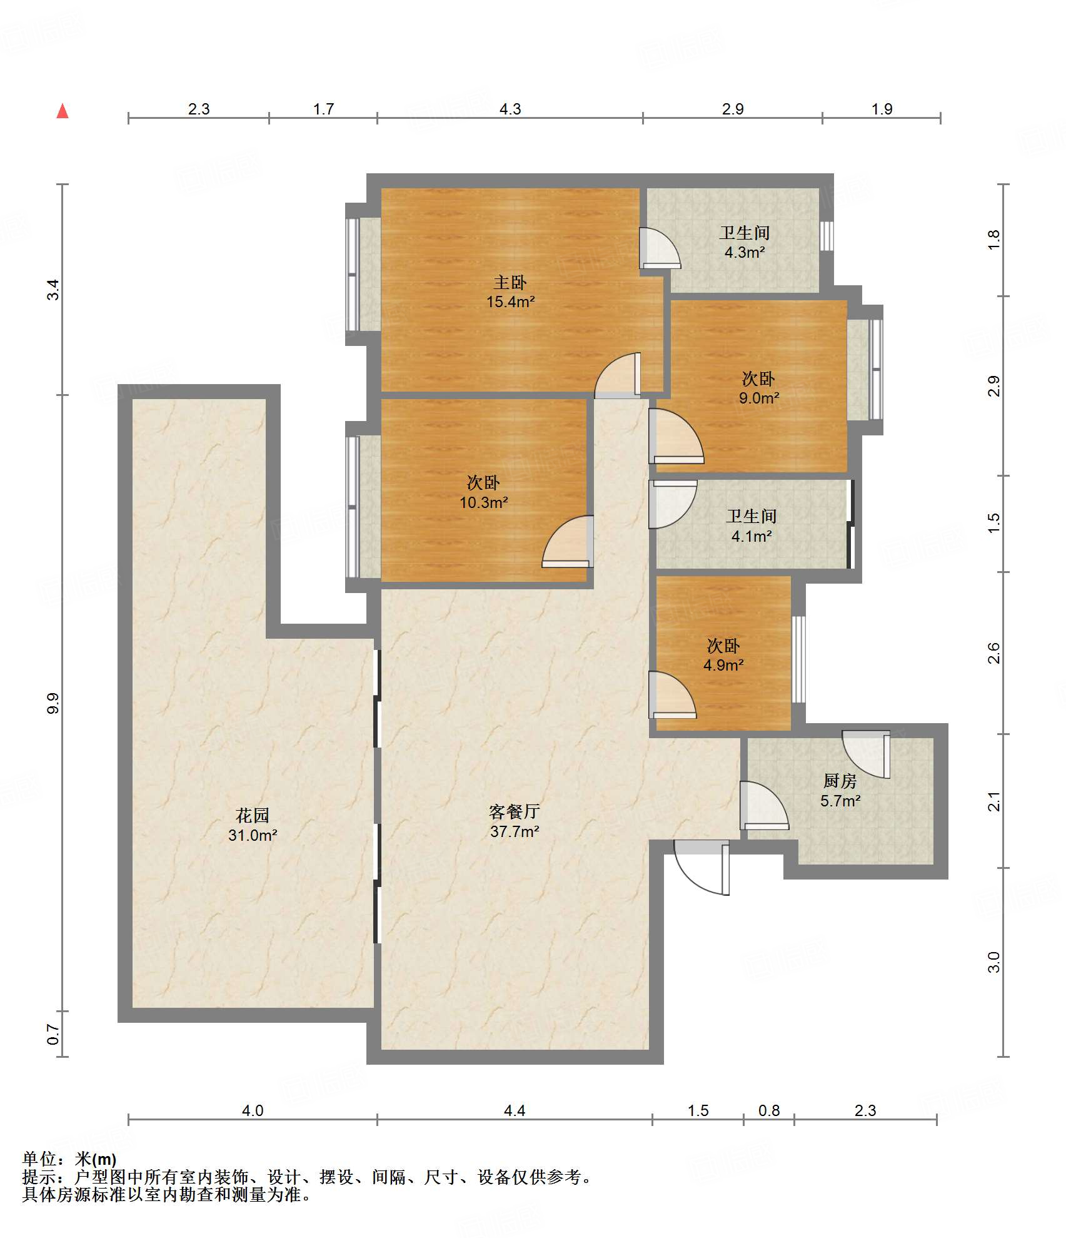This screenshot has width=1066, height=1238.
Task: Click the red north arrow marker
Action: coord(63,111)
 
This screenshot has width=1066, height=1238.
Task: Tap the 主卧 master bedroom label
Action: coord(510,283)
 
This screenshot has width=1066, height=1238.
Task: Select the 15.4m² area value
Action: coord(510,302)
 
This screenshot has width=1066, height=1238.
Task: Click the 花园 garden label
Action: coord(253,815)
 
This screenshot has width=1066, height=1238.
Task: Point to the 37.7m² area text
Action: coord(515,831)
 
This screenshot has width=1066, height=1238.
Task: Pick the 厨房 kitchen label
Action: coord(840,781)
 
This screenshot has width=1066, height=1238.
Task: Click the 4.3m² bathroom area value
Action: coord(745,253)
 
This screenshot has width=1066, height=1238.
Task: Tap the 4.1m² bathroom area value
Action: coord(752,536)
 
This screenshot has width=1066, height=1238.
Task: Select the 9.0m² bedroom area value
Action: coord(759,398)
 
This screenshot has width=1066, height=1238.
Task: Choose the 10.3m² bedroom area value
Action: coord(483,502)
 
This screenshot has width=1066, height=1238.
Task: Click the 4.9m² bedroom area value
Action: coord(723,665)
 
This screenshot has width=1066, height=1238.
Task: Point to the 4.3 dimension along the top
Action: coord(510,109)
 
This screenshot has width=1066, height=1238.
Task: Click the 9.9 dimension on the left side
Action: coord(53,703)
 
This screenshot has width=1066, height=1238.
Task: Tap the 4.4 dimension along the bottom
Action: coord(515,1110)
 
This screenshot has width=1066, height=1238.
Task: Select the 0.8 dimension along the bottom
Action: coord(769,1110)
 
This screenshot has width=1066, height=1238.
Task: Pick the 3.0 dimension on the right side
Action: coord(994,961)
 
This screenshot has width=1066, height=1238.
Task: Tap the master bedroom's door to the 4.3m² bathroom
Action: coord(660,248)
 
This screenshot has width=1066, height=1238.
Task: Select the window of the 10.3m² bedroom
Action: coord(353,507)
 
